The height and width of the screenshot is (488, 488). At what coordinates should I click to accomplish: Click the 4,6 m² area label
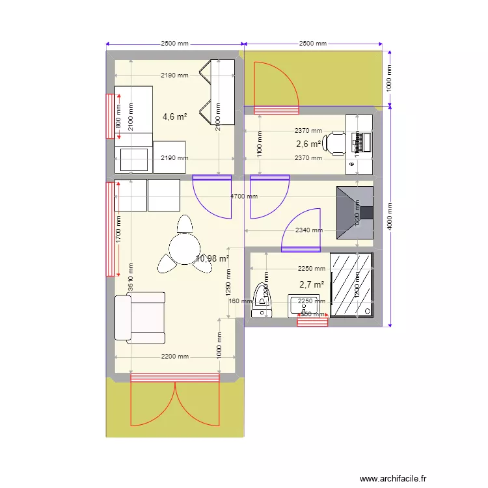tap(174, 117)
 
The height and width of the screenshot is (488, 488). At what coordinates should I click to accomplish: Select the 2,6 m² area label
tap(308, 144)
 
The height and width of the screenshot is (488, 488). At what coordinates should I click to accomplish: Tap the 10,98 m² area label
tap(212, 258)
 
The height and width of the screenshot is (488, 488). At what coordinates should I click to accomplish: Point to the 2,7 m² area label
tap(312, 284)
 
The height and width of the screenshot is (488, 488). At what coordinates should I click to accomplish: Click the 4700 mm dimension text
tap(244, 197)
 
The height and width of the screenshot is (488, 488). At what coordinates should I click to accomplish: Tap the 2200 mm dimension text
tap(174, 357)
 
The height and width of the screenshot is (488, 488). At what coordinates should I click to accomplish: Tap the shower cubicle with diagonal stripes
tap(351, 285)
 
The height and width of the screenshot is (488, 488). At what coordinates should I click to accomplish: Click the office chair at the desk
tap(337, 142)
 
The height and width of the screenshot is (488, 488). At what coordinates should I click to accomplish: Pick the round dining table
tap(184, 247)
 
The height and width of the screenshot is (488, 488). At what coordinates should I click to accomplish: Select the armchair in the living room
tap(140, 317)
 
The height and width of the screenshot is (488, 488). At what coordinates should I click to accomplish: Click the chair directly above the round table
tap(185, 224)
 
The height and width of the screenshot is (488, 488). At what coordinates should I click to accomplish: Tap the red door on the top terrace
tap(275, 85)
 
